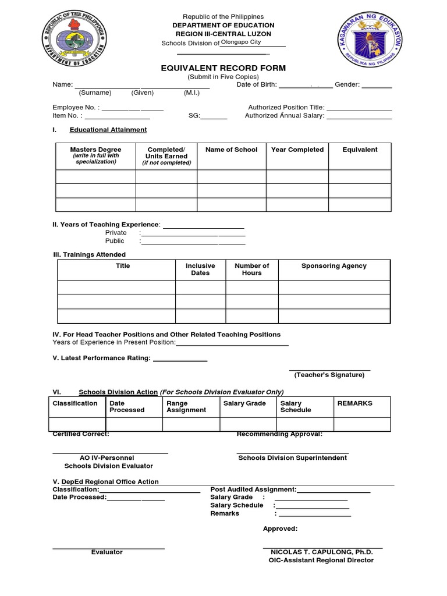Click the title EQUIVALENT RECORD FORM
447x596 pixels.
click(x=223, y=68)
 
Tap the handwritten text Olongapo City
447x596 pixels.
click(x=241, y=42)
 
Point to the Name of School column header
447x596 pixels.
click(x=231, y=150)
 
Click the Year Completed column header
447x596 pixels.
click(x=297, y=150)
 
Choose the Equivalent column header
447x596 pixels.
click(x=360, y=150)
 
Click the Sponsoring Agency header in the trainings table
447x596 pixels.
click(x=334, y=266)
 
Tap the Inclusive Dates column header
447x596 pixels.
click(x=200, y=269)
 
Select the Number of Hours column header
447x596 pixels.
click(x=251, y=269)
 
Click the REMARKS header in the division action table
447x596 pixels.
click(x=354, y=403)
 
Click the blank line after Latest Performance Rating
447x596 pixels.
click(x=179, y=360)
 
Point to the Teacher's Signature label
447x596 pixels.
click(x=329, y=375)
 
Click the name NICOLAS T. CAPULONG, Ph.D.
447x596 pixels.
click(x=321, y=552)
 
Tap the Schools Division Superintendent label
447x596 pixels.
click(x=292, y=458)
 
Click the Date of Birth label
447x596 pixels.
click(x=256, y=85)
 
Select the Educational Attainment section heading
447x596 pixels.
click(x=108, y=130)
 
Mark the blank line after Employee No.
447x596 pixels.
click(x=133, y=109)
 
